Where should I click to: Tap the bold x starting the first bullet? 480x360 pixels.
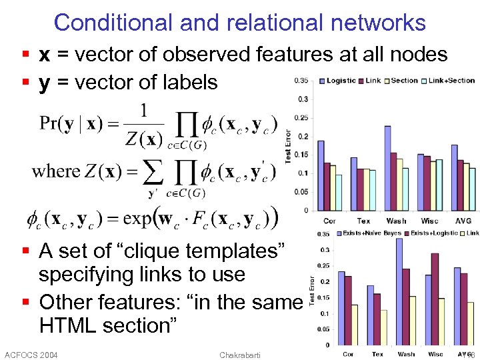click(45, 55)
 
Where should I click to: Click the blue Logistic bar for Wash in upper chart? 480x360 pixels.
click(387, 168)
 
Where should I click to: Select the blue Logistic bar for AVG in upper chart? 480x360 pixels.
click(454, 177)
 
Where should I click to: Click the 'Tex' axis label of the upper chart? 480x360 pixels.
click(363, 221)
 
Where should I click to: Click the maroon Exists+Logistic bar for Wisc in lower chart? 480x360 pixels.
click(435, 298)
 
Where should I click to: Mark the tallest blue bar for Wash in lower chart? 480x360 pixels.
click(399, 291)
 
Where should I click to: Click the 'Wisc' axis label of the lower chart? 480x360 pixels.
click(435, 354)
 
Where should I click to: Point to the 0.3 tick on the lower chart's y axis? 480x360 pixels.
click(324, 251)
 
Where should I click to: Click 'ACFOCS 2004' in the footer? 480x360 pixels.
click(31, 355)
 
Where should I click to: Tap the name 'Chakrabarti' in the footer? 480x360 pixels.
click(241, 355)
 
